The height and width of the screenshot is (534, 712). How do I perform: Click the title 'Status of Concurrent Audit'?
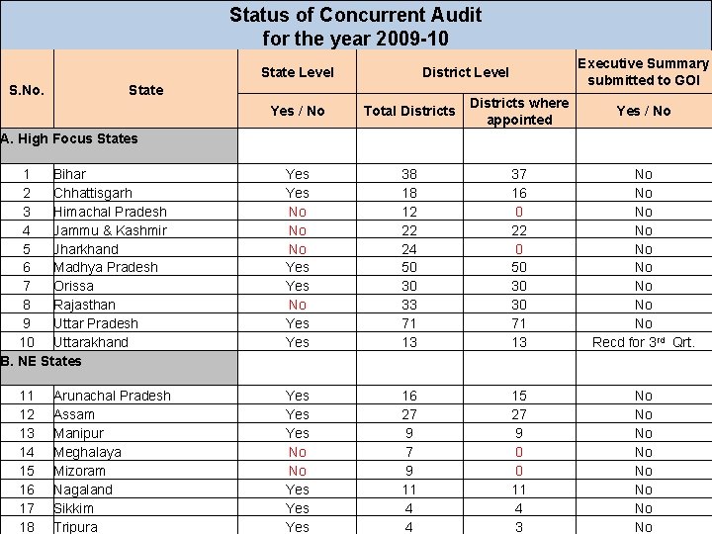pyautogui.click(x=356, y=15)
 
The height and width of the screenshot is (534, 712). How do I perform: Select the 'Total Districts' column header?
pyautogui.click(x=409, y=111)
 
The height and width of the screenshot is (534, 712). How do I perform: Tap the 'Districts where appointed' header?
pyautogui.click(x=519, y=111)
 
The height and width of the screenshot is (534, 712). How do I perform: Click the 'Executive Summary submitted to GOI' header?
pyautogui.click(x=644, y=71)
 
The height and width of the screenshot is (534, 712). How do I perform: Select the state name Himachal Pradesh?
pyautogui.click(x=110, y=212)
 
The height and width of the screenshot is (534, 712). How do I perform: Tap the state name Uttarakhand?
pyautogui.click(x=91, y=342)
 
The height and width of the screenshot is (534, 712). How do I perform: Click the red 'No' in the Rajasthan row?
pyautogui.click(x=297, y=305)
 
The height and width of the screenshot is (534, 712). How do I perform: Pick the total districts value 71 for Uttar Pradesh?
pyautogui.click(x=409, y=323)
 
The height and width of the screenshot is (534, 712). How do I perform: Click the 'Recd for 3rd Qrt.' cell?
pyautogui.click(x=644, y=342)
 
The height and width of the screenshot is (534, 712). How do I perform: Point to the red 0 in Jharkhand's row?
pyautogui.click(x=519, y=249)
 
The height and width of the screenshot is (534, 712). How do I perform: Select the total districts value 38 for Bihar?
pyautogui.click(x=409, y=174)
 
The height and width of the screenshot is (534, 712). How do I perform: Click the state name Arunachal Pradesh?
pyautogui.click(x=112, y=396)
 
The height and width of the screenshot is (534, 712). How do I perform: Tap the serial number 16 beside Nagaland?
pyautogui.click(x=27, y=489)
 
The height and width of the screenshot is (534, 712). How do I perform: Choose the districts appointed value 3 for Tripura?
pyautogui.click(x=519, y=527)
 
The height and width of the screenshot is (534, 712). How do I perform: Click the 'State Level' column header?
pyautogui.click(x=297, y=71)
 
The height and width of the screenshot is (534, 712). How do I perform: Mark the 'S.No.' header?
pyautogui.click(x=26, y=90)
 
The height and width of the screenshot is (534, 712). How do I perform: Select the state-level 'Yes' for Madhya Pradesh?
pyautogui.click(x=297, y=267)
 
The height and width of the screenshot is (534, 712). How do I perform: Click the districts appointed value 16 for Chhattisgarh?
pyautogui.click(x=519, y=193)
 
